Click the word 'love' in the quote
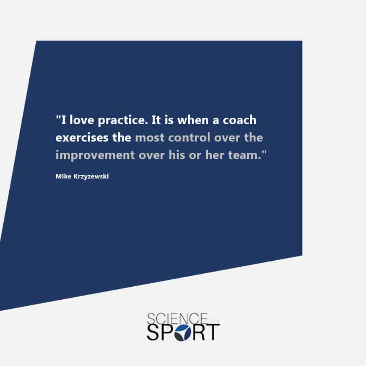pyautogui.click(x=82, y=120)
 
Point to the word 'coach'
pyautogui.click(x=240, y=120)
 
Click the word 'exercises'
pyautogui.click(x=82, y=137)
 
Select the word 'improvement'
pyautogui.click(x=95, y=155)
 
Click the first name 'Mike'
pyautogui.click(x=63, y=176)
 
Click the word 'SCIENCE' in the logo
pyautogui.click(x=177, y=318)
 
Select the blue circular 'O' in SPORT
pyautogui.click(x=183, y=332)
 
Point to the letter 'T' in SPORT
pyautogui.click(x=213, y=332)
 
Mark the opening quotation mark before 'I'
pyautogui.click(x=58, y=116)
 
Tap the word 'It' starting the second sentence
pyautogui.click(x=156, y=120)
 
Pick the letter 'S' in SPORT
pyautogui.click(x=152, y=332)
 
